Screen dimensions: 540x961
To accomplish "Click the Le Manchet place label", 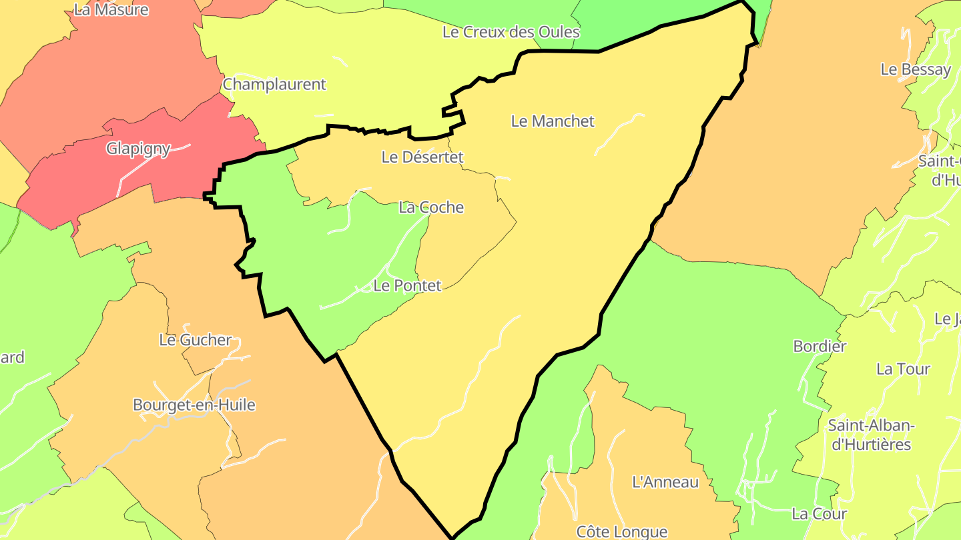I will pyautogui.click(x=552, y=121).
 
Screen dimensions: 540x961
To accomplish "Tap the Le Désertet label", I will pyautogui.click(x=422, y=157).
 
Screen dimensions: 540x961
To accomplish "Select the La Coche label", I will pyautogui.click(x=430, y=207).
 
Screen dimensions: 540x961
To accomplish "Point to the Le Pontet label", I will pyautogui.click(x=407, y=286).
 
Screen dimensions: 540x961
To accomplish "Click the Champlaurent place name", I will pyautogui.click(x=274, y=85).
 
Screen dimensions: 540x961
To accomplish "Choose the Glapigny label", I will pyautogui.click(x=138, y=149).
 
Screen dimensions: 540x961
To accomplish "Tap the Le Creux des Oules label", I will pyautogui.click(x=511, y=32).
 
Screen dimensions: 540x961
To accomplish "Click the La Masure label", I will pyautogui.click(x=111, y=10).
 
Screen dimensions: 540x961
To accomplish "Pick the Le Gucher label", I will pyautogui.click(x=195, y=340).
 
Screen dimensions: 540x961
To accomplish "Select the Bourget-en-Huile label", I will pyautogui.click(x=194, y=405).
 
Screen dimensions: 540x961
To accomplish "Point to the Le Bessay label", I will pyautogui.click(x=916, y=69).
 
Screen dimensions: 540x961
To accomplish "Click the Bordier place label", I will pyautogui.click(x=820, y=347).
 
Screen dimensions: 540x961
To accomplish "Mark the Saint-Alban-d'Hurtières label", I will pyautogui.click(x=871, y=435).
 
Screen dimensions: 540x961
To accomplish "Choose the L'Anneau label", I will pyautogui.click(x=665, y=482).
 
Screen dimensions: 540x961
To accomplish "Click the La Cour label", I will pyautogui.click(x=819, y=514).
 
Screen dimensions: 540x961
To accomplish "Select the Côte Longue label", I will pyautogui.click(x=621, y=531).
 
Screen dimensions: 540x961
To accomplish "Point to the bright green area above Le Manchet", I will pyautogui.click(x=641, y=20).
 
